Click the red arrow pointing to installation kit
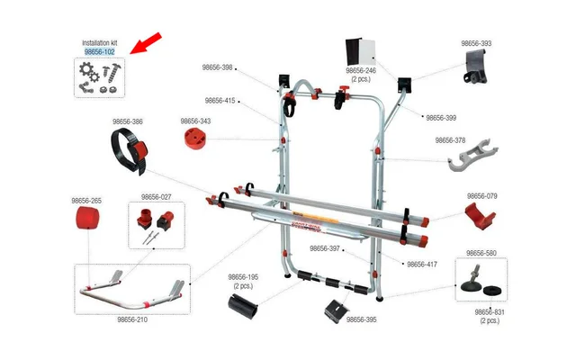point(146,42)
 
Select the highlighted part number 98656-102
point(99,52)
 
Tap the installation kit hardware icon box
point(99,77)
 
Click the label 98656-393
point(476,43)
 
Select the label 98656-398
point(214,67)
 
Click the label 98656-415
point(220,101)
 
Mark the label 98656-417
point(421,265)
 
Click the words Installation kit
point(99,42)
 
